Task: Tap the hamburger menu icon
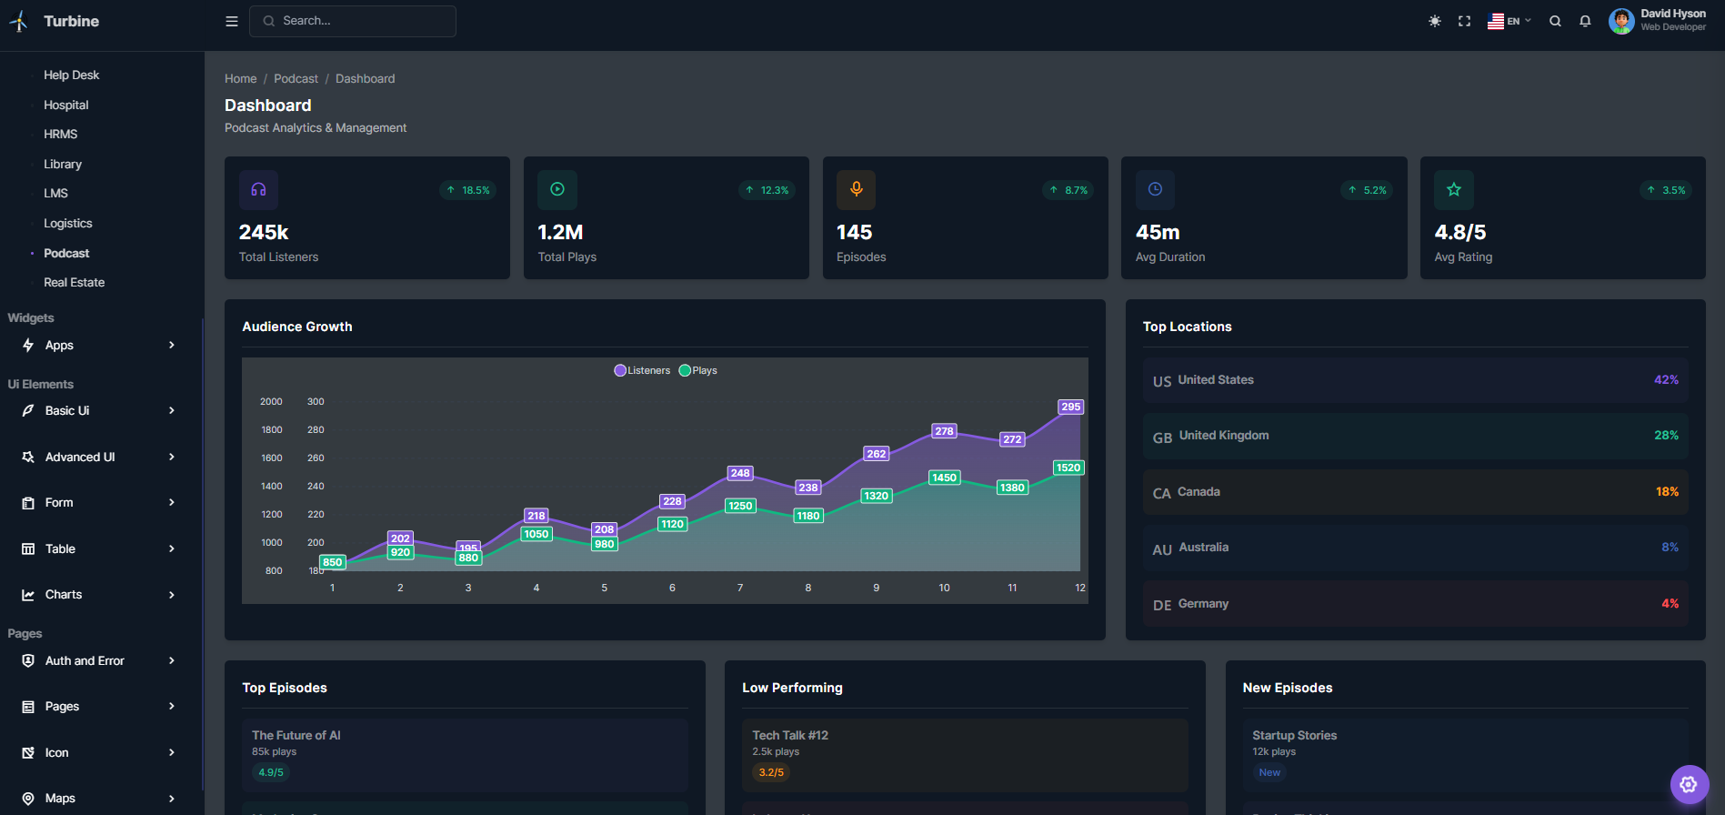click(x=232, y=21)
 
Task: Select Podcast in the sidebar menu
click(x=66, y=253)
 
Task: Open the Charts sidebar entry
click(x=64, y=595)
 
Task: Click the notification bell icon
click(x=1585, y=21)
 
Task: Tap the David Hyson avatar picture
click(x=1620, y=21)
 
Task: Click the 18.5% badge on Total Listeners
click(x=468, y=190)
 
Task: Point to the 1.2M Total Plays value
click(x=560, y=232)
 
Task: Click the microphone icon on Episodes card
click(x=856, y=189)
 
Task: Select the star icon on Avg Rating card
click(x=1453, y=189)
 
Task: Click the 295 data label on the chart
click(x=1070, y=407)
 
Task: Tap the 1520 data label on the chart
click(x=1068, y=468)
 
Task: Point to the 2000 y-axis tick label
click(x=271, y=401)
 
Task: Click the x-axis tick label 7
click(x=740, y=588)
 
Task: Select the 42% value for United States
click(x=1666, y=379)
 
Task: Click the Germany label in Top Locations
click(x=1202, y=603)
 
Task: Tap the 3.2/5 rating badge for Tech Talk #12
click(x=771, y=772)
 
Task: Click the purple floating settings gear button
click(x=1689, y=784)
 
